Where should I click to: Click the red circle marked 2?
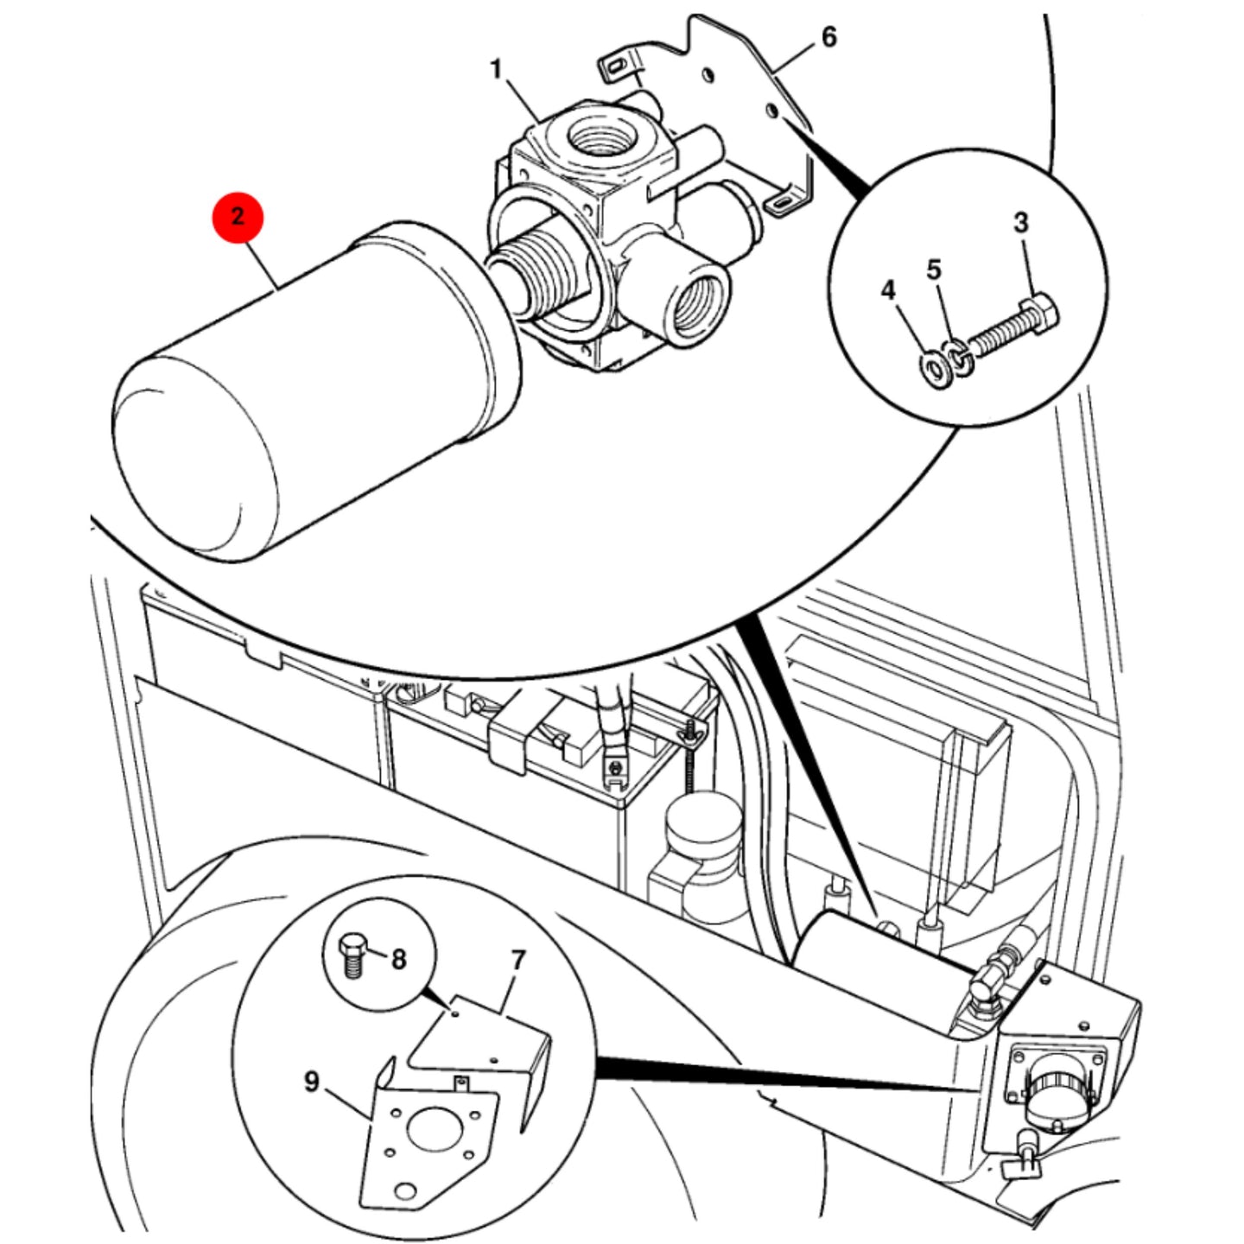click(x=238, y=216)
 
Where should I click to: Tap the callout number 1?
click(x=496, y=70)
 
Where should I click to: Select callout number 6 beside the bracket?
click(x=829, y=37)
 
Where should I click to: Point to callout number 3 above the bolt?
click(x=1020, y=223)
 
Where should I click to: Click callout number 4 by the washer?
click(x=889, y=290)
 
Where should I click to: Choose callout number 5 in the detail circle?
click(x=934, y=270)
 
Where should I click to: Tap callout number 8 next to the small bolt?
click(x=399, y=978)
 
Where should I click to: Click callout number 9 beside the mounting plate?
click(x=312, y=1082)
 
